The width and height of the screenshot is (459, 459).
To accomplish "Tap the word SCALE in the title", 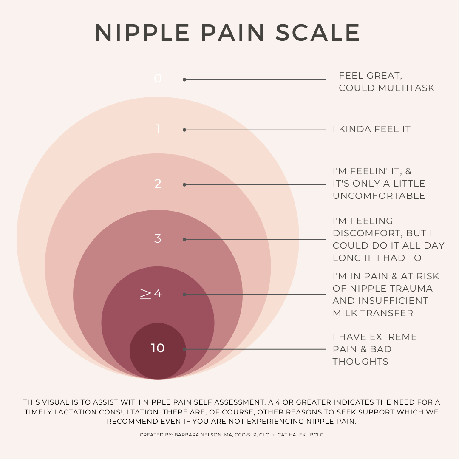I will click(x=318, y=33).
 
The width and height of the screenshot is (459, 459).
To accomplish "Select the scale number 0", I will click(x=158, y=78).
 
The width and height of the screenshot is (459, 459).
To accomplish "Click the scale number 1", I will click(x=158, y=129).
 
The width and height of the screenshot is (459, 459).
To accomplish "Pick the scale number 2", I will click(x=158, y=184).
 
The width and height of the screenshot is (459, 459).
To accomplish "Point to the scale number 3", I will click(x=158, y=238).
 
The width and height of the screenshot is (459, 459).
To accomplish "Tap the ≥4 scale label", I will click(x=151, y=293).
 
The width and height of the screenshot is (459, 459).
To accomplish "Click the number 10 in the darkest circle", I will click(x=158, y=348).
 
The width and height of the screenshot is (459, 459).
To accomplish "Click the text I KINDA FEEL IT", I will click(x=371, y=129).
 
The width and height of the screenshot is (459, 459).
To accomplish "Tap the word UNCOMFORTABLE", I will click(x=379, y=196).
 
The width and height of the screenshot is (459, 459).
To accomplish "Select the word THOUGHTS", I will click(x=360, y=362).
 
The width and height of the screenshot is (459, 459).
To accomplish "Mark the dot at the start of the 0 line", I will click(x=184, y=79).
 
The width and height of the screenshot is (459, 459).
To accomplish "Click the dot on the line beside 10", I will click(x=184, y=349).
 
